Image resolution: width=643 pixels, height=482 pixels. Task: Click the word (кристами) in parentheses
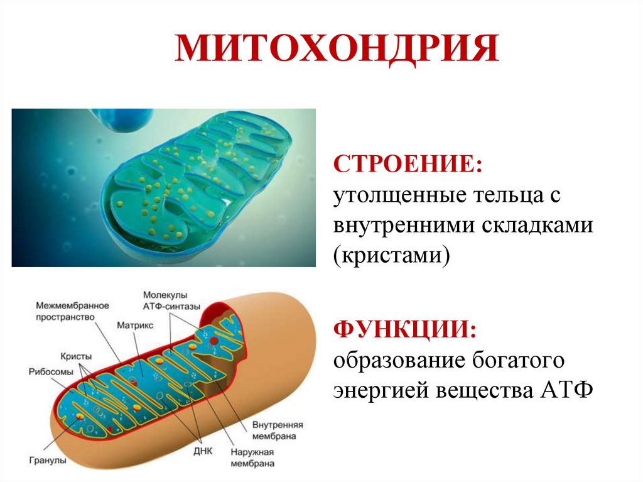(x=392, y=257)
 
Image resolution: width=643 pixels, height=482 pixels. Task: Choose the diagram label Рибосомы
(x=51, y=371)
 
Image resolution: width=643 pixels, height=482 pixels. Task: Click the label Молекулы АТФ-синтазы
(x=171, y=300)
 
